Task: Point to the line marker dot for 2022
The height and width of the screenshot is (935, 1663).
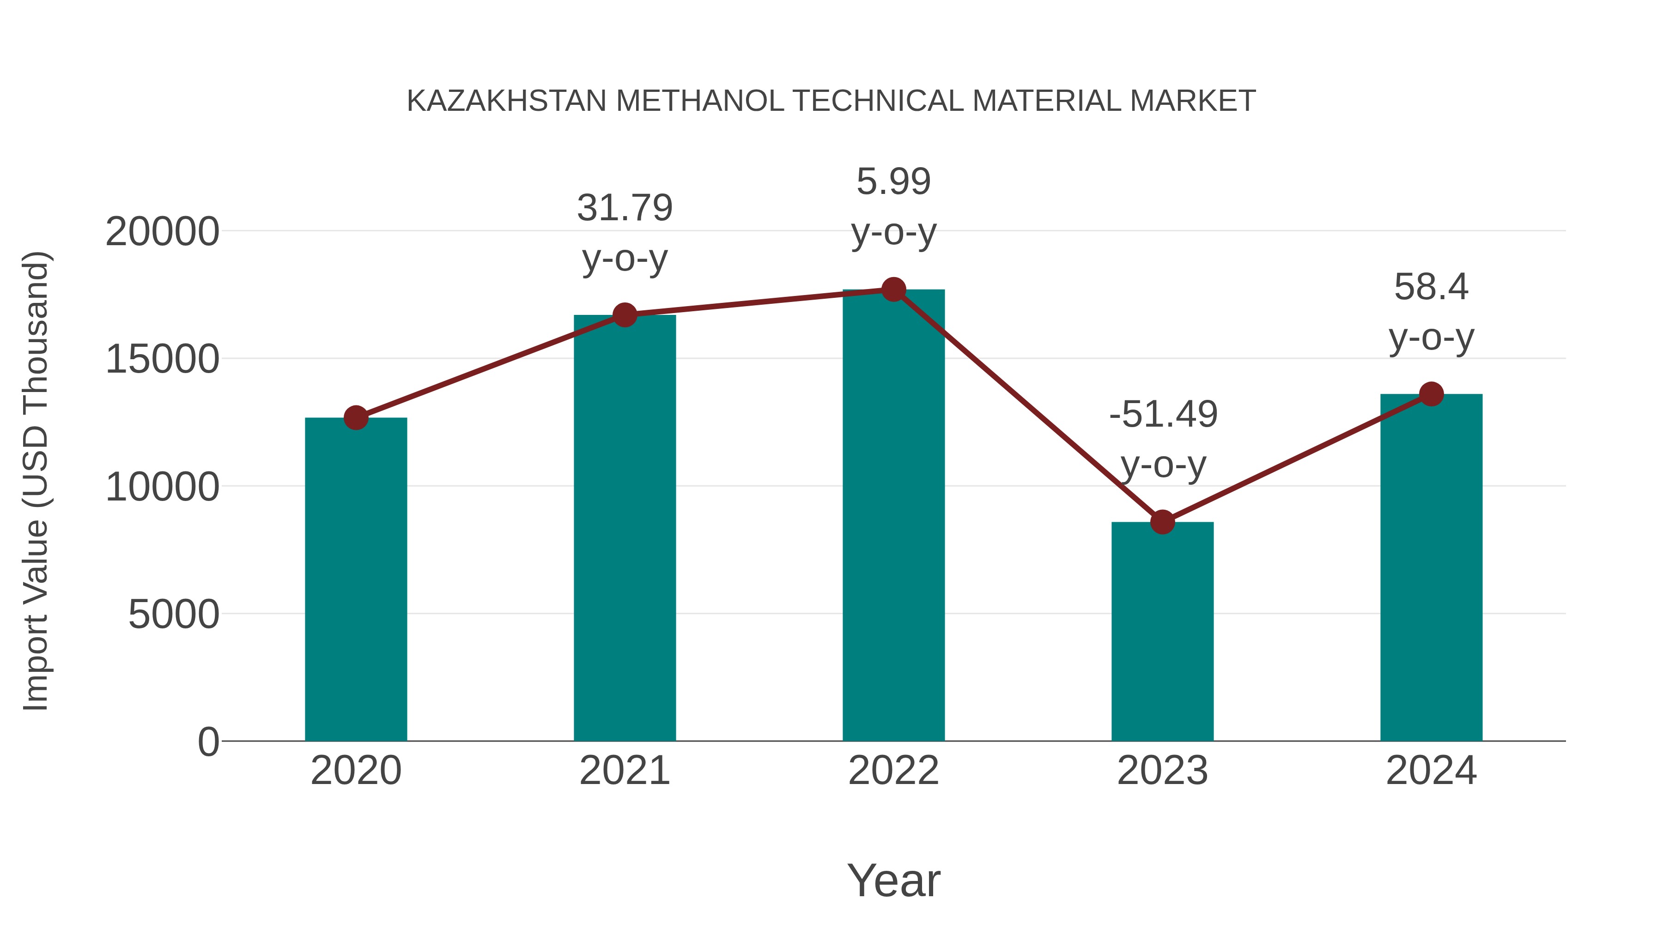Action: pos(893,290)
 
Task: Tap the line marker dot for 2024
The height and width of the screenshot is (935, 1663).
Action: pos(1431,393)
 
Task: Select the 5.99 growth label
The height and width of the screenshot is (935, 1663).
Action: pos(893,181)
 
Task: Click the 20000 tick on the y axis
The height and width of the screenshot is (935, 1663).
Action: pos(162,232)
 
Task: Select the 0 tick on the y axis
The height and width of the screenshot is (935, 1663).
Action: pos(208,742)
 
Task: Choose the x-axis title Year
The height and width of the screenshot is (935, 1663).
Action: pos(893,880)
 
